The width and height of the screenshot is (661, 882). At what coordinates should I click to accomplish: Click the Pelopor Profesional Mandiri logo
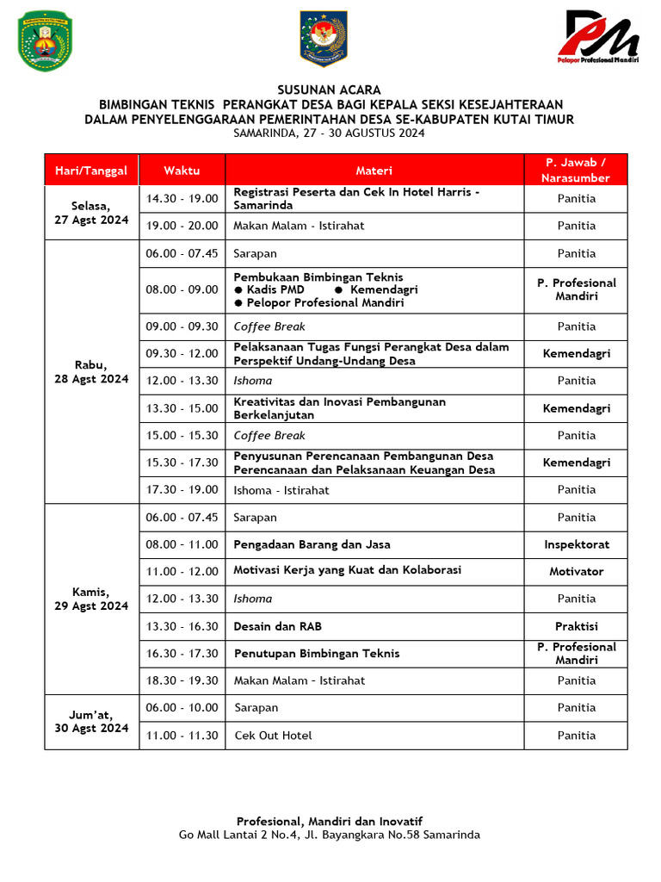pyautogui.click(x=602, y=38)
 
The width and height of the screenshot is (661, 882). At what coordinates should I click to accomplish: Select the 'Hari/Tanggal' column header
pyautogui.click(x=91, y=171)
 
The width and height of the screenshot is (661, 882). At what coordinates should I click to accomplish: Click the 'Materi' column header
pyautogui.click(x=374, y=171)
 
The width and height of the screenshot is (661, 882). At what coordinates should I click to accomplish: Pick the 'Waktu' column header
pyautogui.click(x=182, y=171)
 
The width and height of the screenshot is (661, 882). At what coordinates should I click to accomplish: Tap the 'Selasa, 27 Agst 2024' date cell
pyautogui.click(x=91, y=213)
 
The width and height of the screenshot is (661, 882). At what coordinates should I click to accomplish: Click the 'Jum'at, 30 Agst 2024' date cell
pyautogui.click(x=91, y=721)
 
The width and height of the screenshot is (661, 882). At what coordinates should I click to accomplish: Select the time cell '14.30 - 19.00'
pyautogui.click(x=182, y=199)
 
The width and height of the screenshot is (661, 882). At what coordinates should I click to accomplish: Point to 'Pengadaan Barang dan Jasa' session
pyautogui.click(x=312, y=544)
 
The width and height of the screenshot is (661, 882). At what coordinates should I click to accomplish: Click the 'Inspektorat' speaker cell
pyautogui.click(x=576, y=544)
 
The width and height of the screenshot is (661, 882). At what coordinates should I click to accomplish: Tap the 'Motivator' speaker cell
pyautogui.click(x=576, y=571)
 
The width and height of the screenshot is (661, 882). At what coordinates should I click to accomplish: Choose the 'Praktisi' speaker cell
pyautogui.click(x=576, y=626)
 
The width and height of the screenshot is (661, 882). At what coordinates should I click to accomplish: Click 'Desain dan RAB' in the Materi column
pyautogui.click(x=278, y=626)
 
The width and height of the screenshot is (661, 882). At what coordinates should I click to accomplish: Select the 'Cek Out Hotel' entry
pyautogui.click(x=273, y=736)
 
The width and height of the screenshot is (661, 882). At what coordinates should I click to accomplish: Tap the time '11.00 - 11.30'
pyautogui.click(x=182, y=736)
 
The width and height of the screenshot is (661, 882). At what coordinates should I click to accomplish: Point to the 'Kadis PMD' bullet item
pyautogui.click(x=275, y=289)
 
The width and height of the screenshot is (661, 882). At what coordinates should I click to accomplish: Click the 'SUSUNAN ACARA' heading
pyautogui.click(x=329, y=90)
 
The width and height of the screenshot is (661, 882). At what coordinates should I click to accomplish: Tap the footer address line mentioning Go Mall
pyautogui.click(x=330, y=835)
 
